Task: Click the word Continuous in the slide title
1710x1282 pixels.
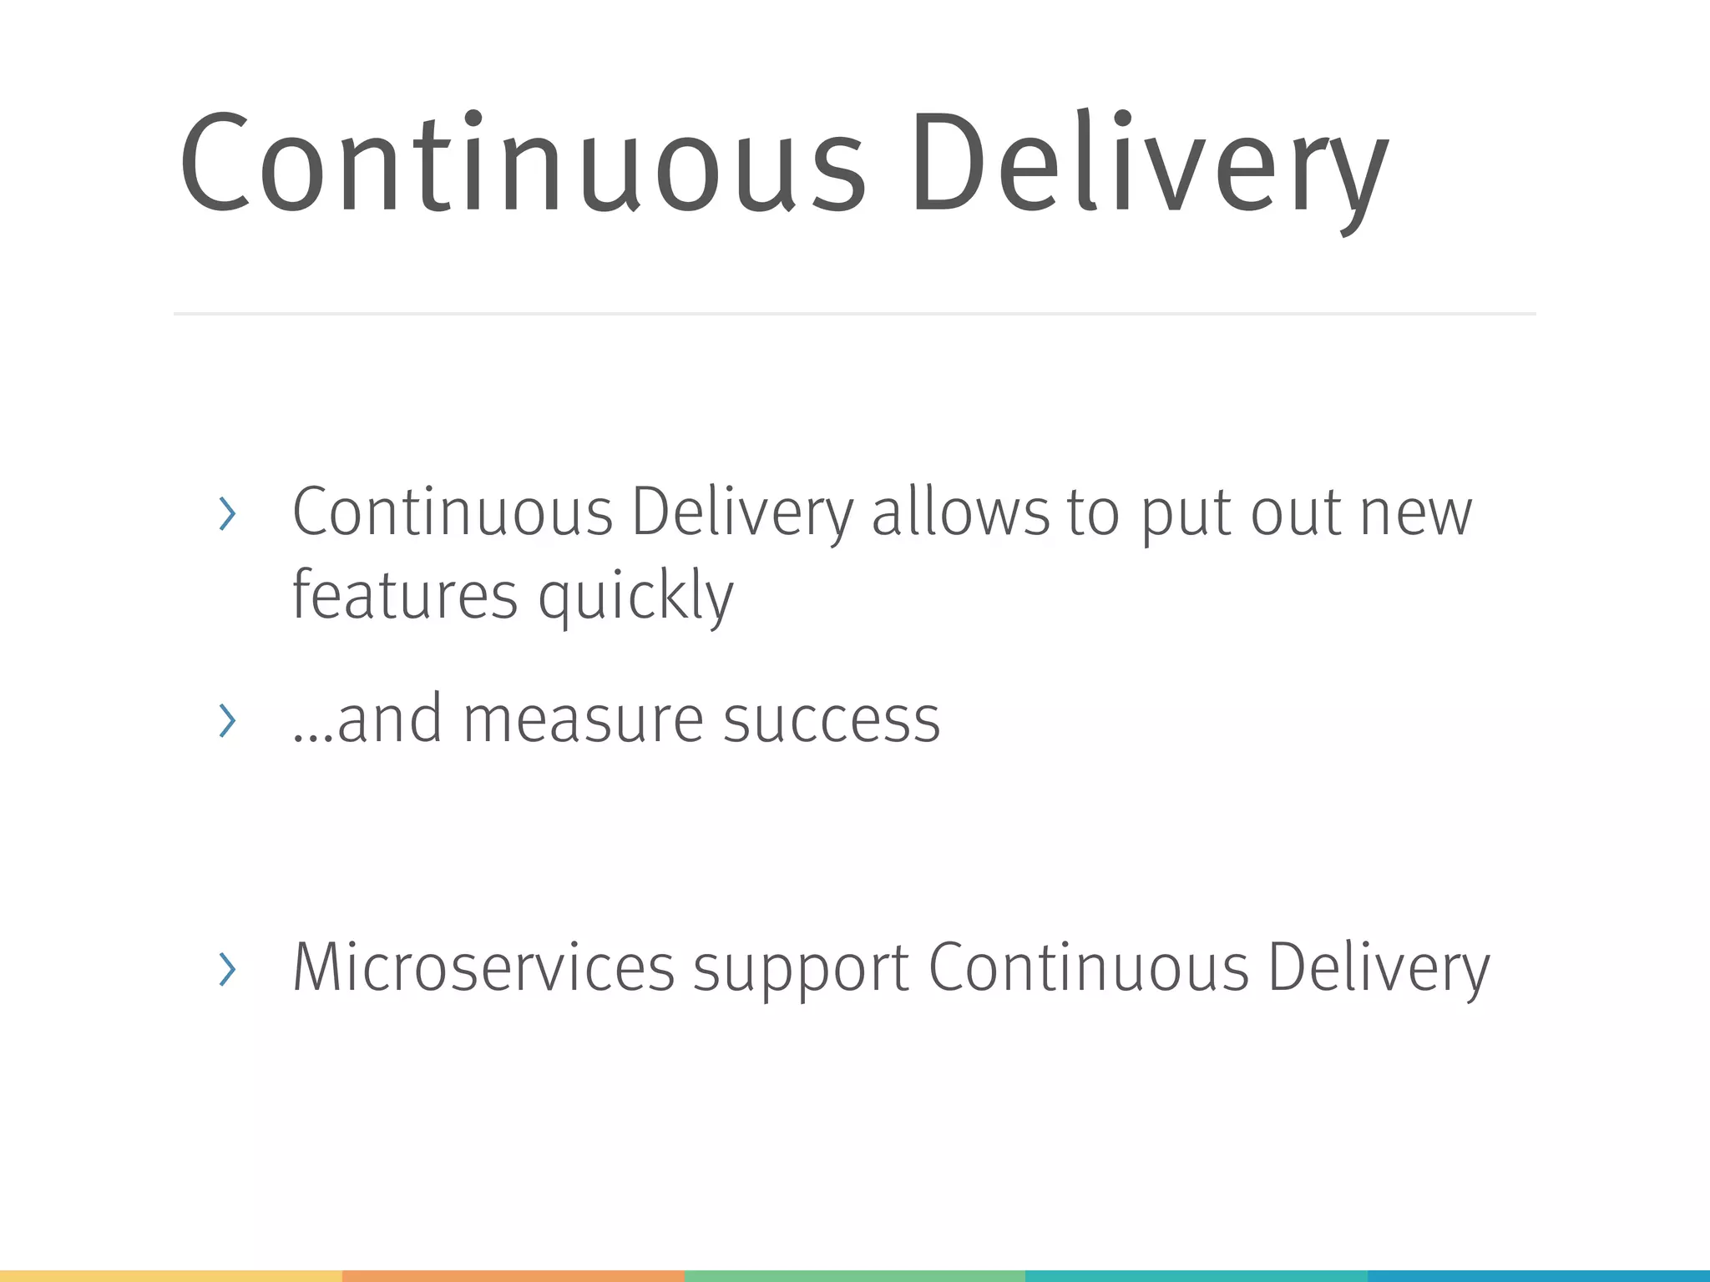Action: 522,163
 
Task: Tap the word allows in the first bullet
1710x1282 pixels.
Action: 960,512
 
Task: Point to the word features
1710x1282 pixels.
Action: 405,595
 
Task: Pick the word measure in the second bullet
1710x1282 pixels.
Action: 583,719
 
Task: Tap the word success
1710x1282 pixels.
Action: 832,719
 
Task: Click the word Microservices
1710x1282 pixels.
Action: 483,967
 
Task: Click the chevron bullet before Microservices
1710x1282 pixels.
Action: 226,969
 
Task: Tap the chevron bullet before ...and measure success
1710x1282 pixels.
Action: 226,720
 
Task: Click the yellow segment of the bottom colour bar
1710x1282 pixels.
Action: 170,1276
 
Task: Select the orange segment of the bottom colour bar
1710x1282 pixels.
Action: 513,1276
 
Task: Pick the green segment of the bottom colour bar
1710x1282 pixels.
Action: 854,1276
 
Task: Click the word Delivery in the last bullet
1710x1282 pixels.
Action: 1379,968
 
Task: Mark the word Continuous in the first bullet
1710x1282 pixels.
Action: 453,512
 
